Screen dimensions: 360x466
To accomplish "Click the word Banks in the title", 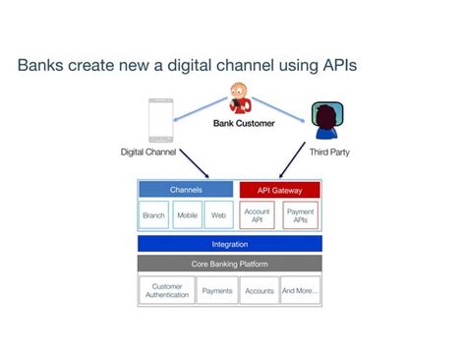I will [41, 67].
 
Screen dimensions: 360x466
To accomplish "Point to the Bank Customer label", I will [243, 124].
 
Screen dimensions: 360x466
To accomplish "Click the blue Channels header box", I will [185, 189].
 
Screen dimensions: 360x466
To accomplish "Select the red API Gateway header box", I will [279, 189].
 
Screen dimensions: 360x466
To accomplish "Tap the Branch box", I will [153, 215].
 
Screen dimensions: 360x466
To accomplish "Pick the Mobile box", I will [187, 215].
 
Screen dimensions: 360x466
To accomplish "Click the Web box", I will [218, 215].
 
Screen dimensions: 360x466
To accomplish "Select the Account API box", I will [258, 215].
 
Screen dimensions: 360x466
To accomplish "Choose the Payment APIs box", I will [300, 215].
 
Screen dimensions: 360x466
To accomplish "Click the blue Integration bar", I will [229, 244].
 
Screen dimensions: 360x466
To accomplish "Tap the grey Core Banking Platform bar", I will [229, 264].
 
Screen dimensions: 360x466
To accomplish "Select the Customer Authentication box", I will [168, 291].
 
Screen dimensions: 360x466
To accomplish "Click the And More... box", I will [300, 291].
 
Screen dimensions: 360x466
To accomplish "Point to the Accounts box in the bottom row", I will [259, 291].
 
